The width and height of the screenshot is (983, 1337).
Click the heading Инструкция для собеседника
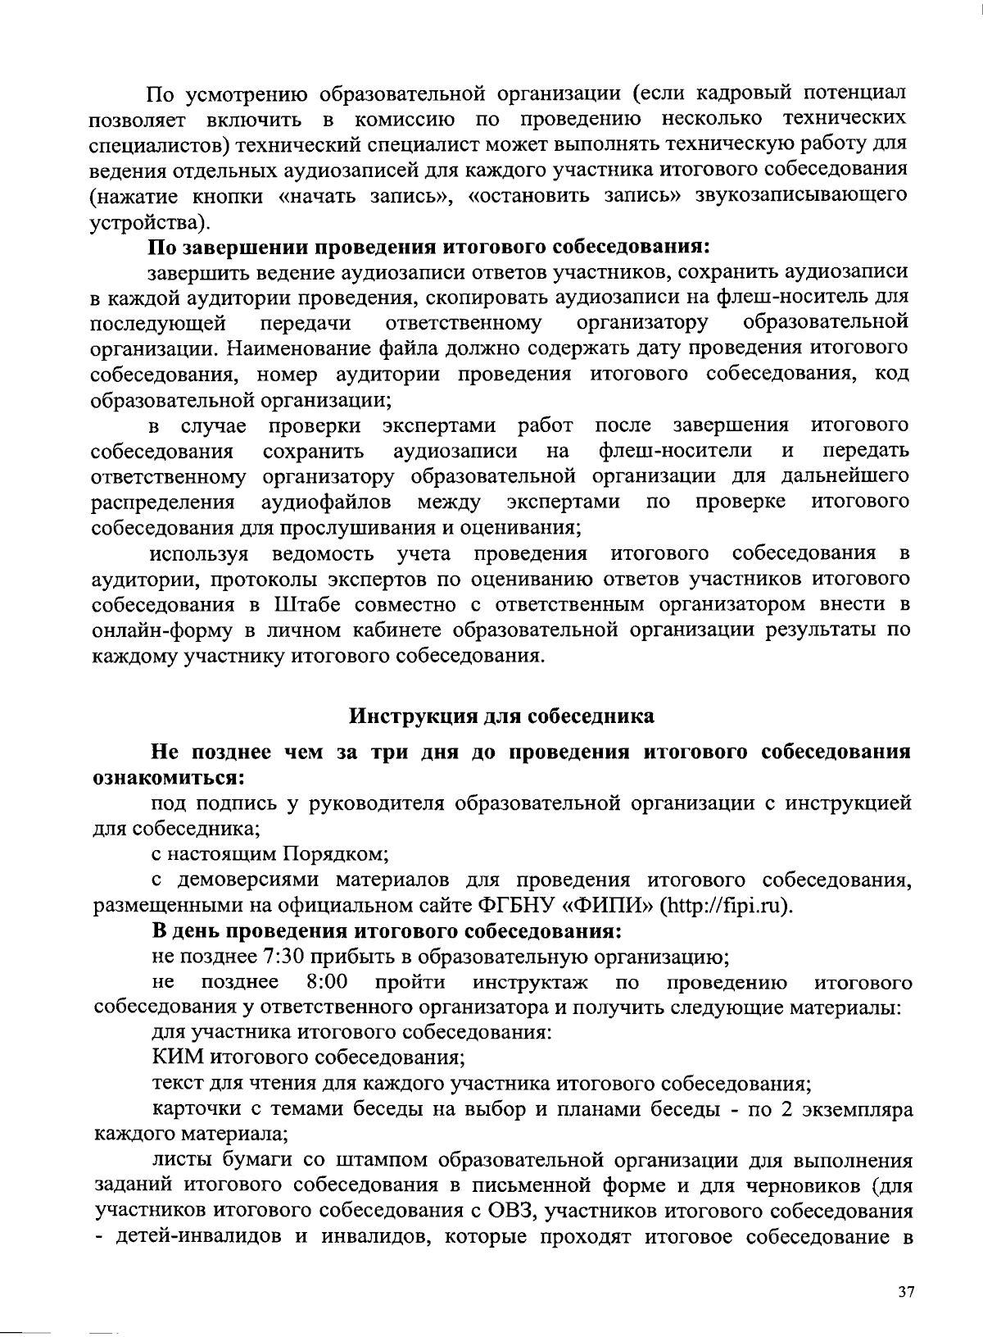pos(502,716)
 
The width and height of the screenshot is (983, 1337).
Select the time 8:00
pos(325,982)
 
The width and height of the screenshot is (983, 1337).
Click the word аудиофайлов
pos(325,502)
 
